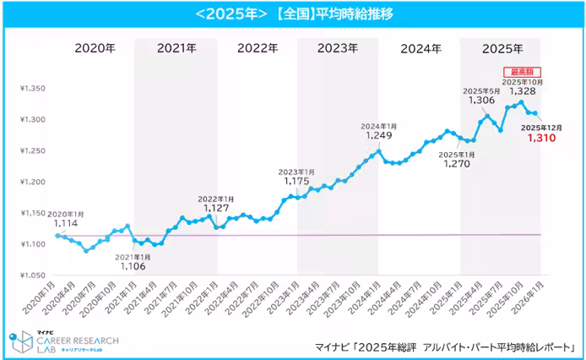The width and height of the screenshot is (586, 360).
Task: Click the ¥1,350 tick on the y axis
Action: click(34, 87)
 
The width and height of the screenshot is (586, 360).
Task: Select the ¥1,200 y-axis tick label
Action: click(34, 182)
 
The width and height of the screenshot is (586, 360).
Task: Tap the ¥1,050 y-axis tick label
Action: click(34, 275)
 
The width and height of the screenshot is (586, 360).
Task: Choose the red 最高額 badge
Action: click(521, 72)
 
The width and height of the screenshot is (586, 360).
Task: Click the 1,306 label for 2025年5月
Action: click(481, 100)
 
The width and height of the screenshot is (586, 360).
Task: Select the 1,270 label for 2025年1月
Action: click(457, 164)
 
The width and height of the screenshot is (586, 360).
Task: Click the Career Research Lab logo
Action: click(63, 341)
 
